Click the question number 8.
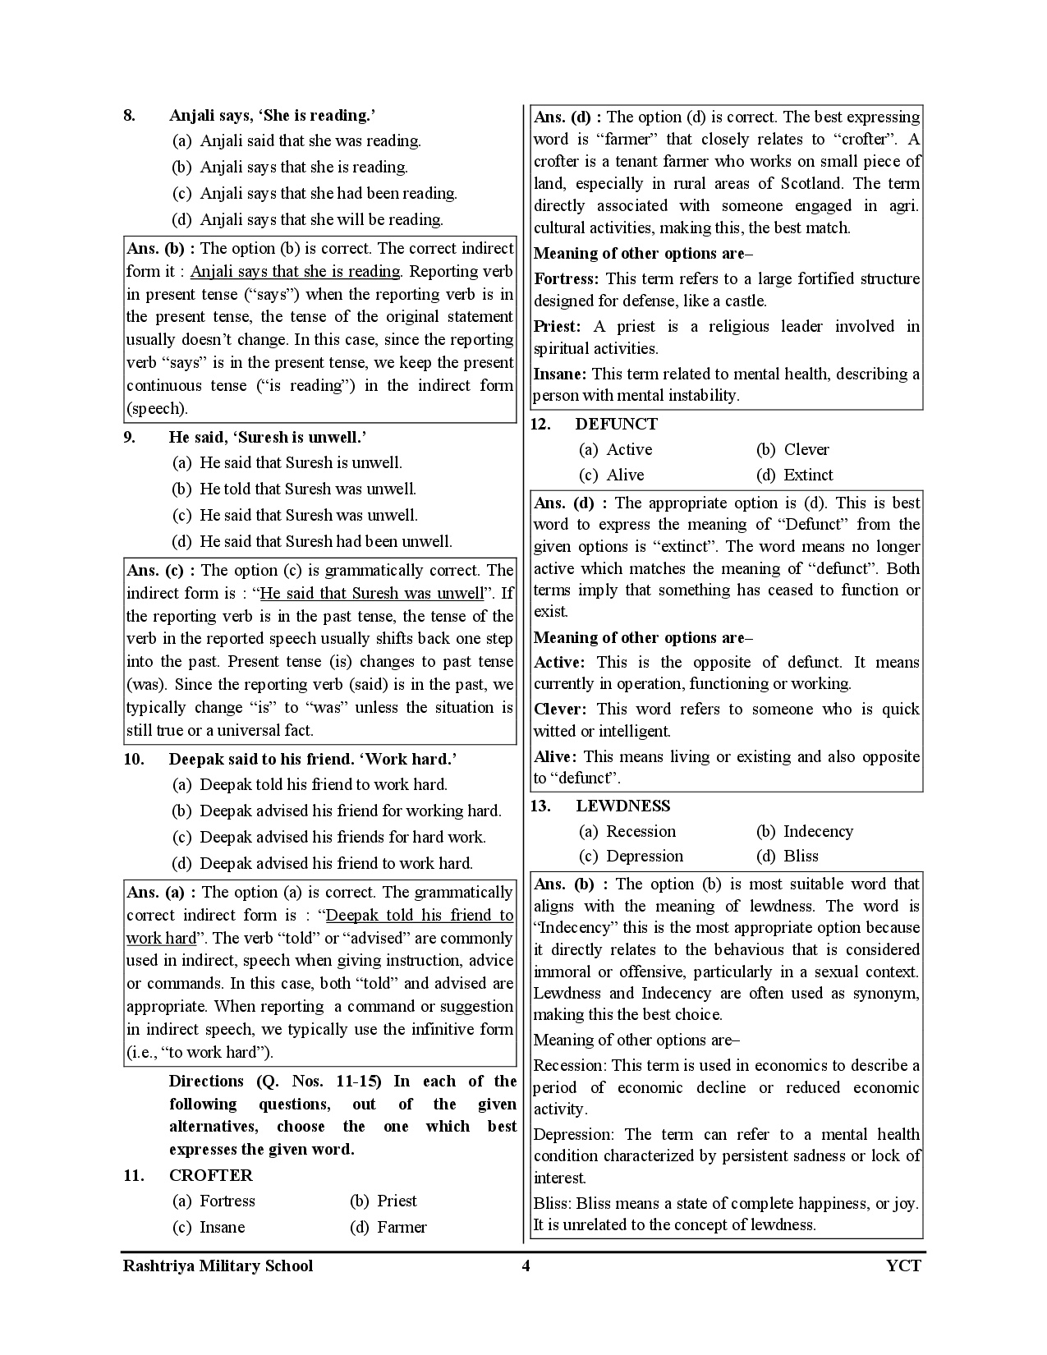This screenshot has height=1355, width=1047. [130, 116]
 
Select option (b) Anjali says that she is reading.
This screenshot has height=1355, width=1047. [290, 168]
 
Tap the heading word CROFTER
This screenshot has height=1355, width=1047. [210, 1175]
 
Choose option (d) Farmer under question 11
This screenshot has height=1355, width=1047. [388, 1227]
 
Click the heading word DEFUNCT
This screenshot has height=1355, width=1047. [616, 425]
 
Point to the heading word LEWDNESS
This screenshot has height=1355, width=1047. [622, 806]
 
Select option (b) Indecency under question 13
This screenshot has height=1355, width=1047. [805, 831]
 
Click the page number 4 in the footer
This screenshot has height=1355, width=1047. [526, 1265]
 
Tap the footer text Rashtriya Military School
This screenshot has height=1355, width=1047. [218, 1265]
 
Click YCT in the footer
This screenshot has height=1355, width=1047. [903, 1265]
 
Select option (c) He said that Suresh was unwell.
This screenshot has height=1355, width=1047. [295, 516]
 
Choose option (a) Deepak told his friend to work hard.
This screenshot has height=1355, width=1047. [310, 784]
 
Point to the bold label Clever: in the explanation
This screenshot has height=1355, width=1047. [560, 710]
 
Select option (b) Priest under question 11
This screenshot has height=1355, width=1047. [383, 1201]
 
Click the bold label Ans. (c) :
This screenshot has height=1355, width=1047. [161, 571]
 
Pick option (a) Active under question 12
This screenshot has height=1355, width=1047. [616, 449]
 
